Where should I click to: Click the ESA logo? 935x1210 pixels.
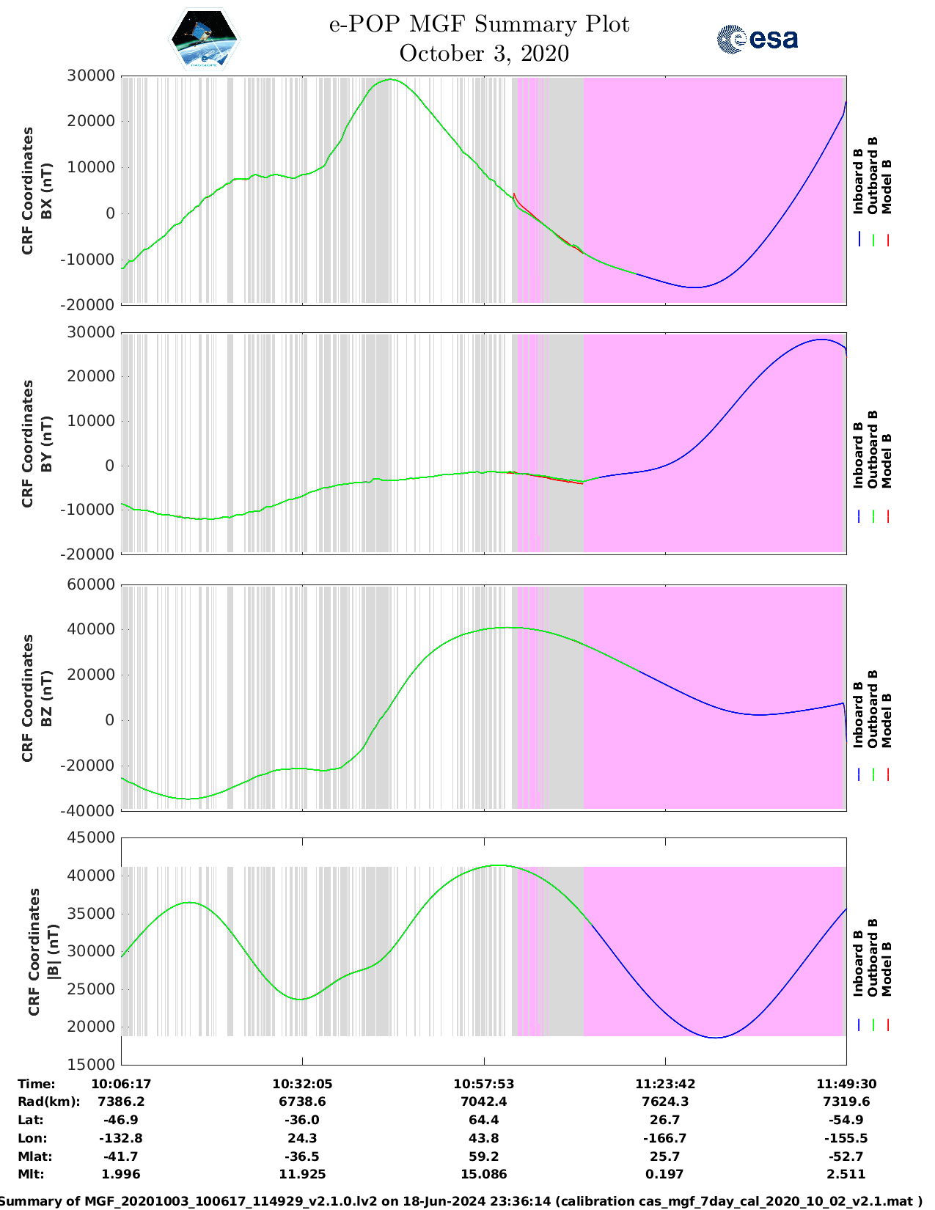point(758,39)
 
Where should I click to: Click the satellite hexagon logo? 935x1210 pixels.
point(204,40)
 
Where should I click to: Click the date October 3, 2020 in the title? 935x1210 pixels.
point(484,54)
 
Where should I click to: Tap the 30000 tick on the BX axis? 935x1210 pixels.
point(90,76)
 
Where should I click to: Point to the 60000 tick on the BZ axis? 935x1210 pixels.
point(90,584)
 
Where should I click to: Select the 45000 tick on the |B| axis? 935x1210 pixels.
point(90,837)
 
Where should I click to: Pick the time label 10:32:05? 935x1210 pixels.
point(302,1084)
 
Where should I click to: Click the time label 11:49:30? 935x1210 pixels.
point(846,1084)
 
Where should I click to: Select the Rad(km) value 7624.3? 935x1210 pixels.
point(665,1101)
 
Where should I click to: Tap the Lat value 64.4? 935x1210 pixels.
point(483,1120)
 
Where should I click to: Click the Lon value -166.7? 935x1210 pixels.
point(665,1138)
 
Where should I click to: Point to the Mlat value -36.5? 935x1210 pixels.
point(302,1156)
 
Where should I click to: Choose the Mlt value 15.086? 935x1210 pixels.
point(483,1174)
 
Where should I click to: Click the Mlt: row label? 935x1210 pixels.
point(31,1174)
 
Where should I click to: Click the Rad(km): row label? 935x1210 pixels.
point(48,1101)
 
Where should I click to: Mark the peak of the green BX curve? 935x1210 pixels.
point(391,79)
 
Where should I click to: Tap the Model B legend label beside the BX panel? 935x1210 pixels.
point(887,186)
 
